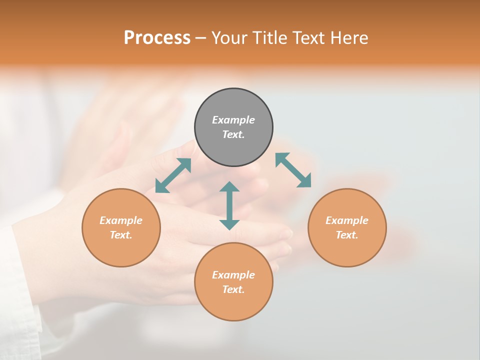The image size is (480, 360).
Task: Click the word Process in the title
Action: coord(157,38)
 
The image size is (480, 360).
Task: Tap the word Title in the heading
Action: coord(270,38)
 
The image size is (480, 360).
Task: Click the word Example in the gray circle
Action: coord(233,120)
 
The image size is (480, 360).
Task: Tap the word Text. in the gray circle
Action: coord(233,134)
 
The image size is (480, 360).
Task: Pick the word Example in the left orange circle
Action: coord(121,220)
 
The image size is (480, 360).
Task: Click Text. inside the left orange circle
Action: coord(121,235)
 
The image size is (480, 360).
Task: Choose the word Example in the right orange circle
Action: coord(347,220)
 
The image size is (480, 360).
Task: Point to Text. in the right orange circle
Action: coord(347,235)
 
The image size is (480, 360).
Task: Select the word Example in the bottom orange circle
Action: coord(233,275)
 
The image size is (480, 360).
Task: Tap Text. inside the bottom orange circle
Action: coord(233,289)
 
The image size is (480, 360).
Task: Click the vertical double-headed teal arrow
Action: coord(229,205)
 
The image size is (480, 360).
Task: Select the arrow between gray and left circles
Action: coord(173,175)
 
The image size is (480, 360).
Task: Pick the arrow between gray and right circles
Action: coord(293,170)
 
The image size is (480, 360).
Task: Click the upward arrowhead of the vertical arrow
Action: coord(229,186)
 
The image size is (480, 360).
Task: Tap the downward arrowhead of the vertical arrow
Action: coord(229,224)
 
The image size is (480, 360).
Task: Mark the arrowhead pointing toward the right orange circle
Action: coord(305,181)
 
